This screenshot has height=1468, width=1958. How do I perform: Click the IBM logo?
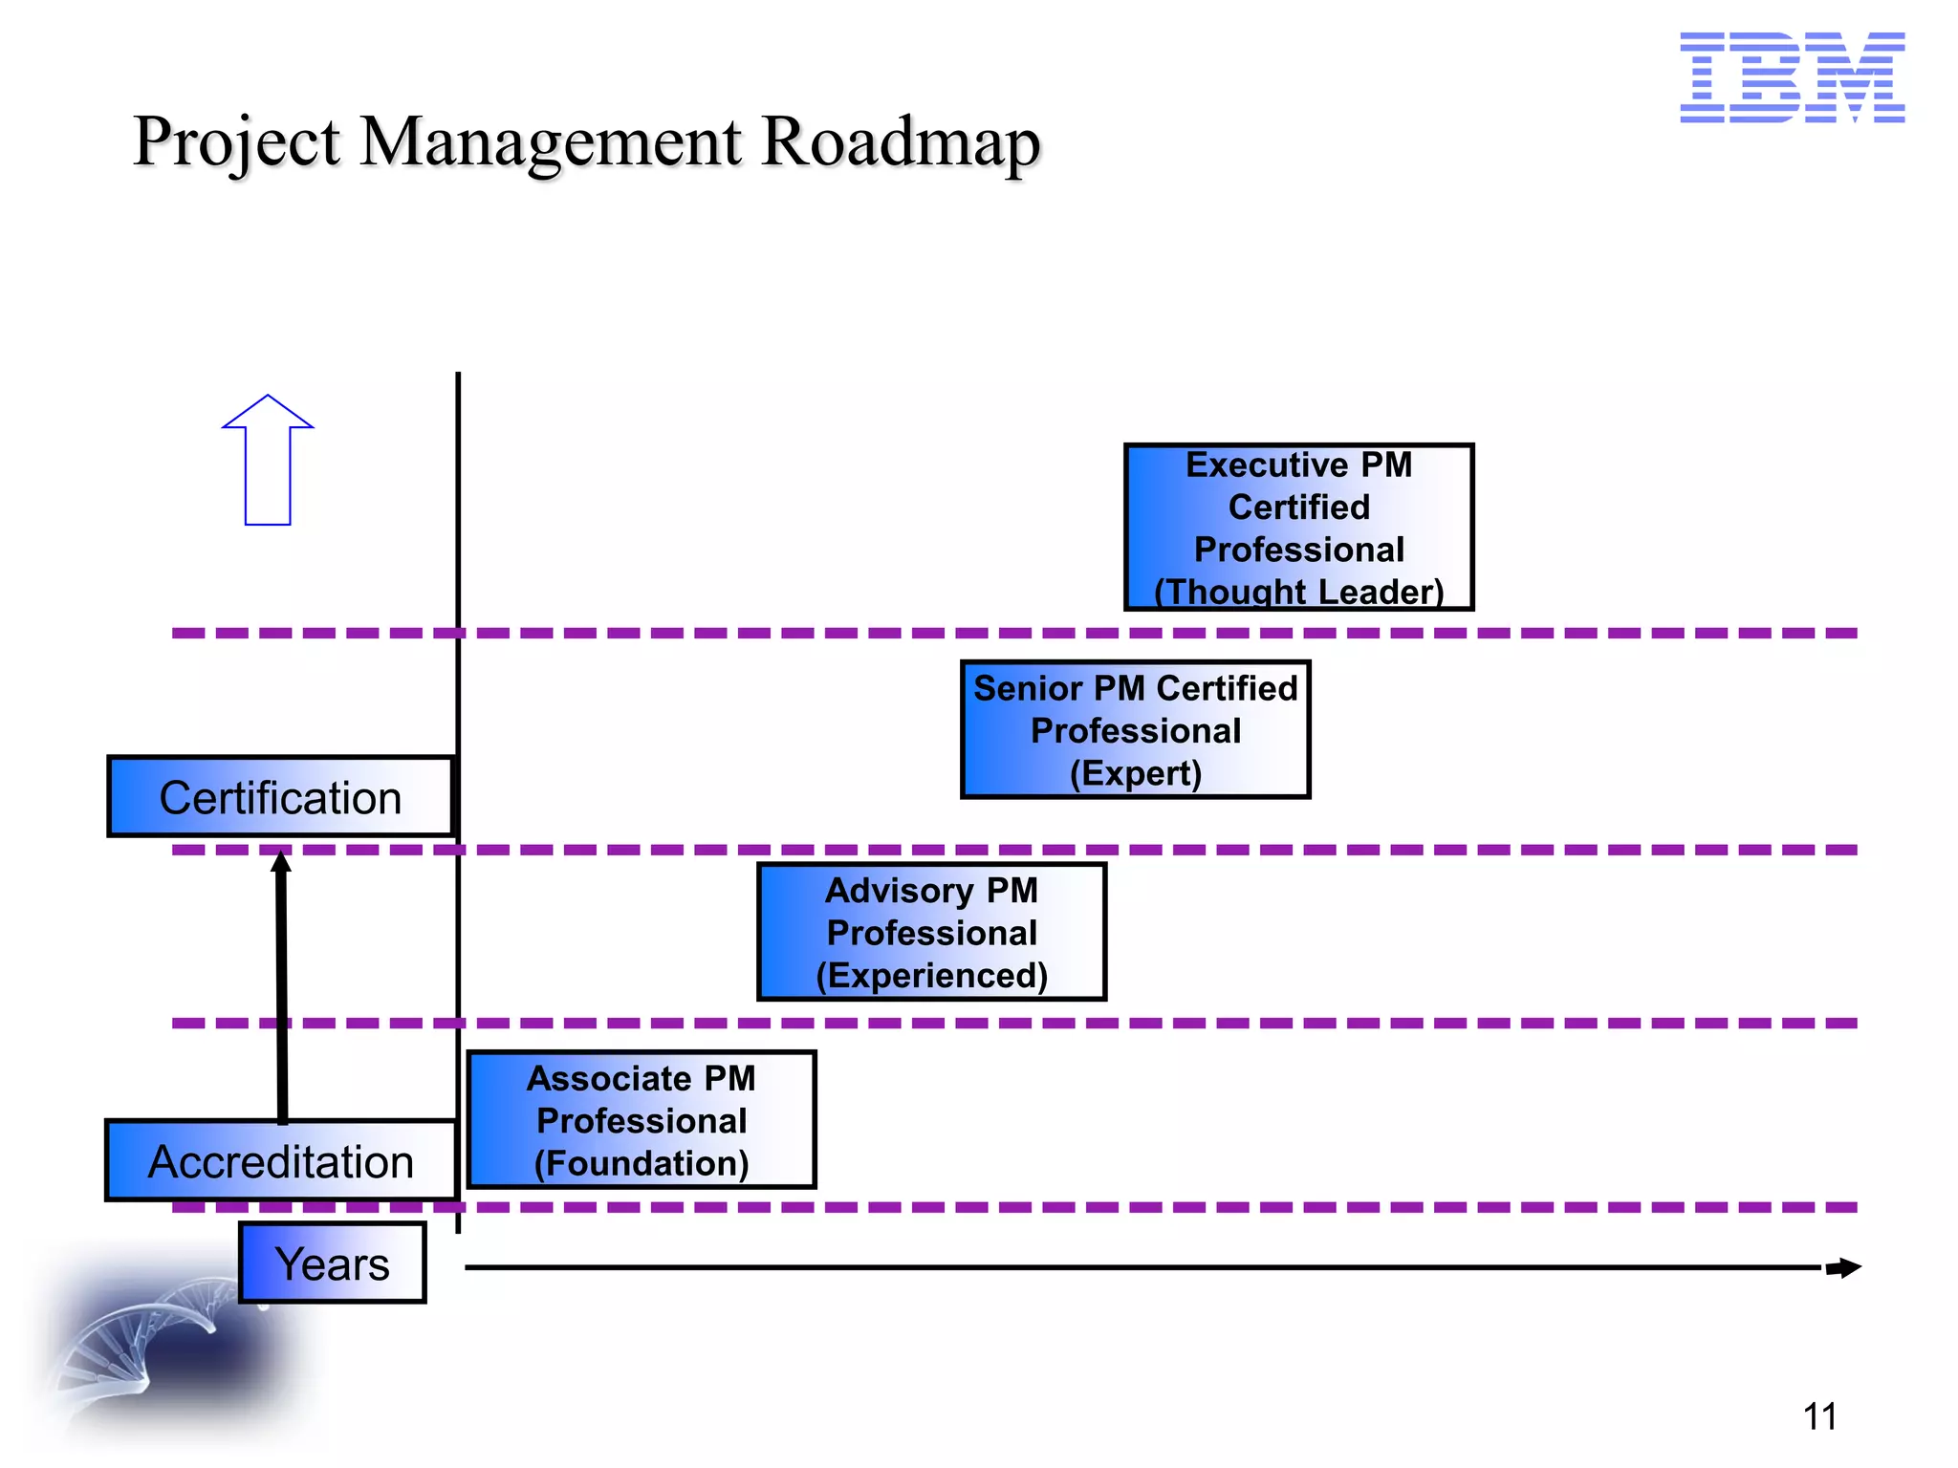click(x=1792, y=77)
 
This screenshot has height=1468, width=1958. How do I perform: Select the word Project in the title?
click(x=236, y=142)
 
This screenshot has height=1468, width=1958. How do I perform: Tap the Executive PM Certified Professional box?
click(x=1298, y=527)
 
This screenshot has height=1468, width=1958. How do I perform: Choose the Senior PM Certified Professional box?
click(x=1135, y=729)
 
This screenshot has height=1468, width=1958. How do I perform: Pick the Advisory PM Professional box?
click(x=931, y=932)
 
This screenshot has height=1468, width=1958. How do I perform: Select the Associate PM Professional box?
click(x=641, y=1119)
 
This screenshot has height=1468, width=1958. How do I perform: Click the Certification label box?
click(x=280, y=797)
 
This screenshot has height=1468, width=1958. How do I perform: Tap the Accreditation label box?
click(x=280, y=1160)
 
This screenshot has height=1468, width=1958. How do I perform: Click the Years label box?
click(x=332, y=1263)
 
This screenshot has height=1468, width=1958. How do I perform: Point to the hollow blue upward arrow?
click(x=268, y=461)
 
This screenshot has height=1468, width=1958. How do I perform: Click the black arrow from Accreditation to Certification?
click(x=282, y=984)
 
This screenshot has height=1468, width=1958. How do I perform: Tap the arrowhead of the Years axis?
click(x=1845, y=1268)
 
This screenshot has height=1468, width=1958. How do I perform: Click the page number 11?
click(x=1819, y=1416)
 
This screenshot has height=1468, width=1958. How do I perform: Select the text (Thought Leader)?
click(x=1298, y=592)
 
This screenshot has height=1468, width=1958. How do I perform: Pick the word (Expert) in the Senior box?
click(x=1135, y=773)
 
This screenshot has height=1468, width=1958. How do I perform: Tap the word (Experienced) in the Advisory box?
click(x=931, y=976)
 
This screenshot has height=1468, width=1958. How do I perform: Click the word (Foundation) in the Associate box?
click(x=641, y=1163)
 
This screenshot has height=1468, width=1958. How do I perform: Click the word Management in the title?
click(x=551, y=142)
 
